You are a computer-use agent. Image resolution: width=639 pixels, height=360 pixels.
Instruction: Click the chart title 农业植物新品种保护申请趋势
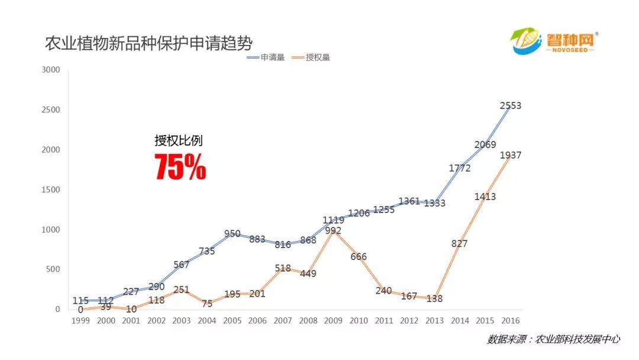(149, 43)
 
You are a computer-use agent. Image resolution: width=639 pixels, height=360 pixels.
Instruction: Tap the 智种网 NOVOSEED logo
(555, 43)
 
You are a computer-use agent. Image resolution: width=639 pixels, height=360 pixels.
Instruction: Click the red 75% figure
(180, 167)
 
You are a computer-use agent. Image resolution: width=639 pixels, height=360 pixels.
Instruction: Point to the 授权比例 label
(178, 141)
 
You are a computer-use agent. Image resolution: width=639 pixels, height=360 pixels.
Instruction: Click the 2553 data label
(510, 106)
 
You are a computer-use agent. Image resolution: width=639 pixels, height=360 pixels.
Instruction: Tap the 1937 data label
(510, 155)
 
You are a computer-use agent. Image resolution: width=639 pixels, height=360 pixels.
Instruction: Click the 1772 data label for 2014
(459, 168)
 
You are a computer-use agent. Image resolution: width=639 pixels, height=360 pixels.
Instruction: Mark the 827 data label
(459, 243)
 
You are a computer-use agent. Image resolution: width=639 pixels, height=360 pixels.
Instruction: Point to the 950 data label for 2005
(232, 233)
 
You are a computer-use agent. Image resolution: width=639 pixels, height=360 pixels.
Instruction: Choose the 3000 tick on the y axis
(50, 70)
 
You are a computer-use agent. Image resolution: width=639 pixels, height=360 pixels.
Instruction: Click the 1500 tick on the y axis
(50, 189)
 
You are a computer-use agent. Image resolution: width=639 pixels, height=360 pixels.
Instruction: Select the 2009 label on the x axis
(333, 320)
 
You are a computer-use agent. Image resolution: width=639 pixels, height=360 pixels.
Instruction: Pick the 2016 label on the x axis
(511, 320)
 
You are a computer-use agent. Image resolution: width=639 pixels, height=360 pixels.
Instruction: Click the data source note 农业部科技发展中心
(553, 339)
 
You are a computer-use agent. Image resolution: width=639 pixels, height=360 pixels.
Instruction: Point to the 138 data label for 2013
(434, 299)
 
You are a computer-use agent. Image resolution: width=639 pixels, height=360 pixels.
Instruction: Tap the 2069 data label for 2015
(485, 145)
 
